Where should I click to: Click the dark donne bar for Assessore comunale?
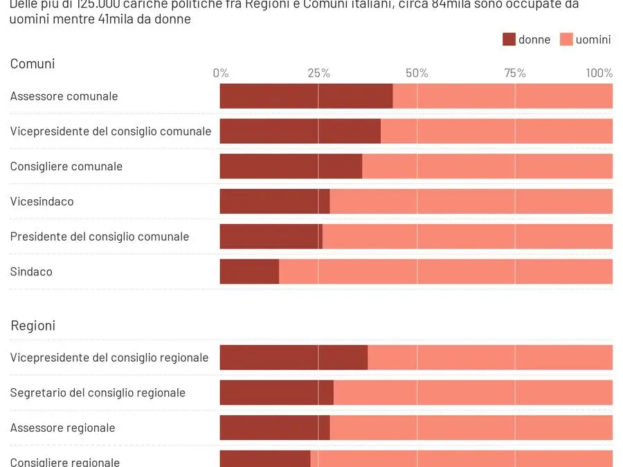pyautogui.click(x=306, y=96)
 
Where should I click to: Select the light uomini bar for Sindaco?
pyautogui.click(x=446, y=271)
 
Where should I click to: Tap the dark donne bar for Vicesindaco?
pyautogui.click(x=275, y=201)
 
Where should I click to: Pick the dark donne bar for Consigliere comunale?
pyautogui.click(x=291, y=166)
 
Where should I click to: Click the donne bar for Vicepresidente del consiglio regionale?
pyautogui.click(x=294, y=358)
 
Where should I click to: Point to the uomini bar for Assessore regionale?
pyautogui.click(x=471, y=428)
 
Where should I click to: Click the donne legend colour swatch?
pyautogui.click(x=509, y=39)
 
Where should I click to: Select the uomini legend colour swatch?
pyautogui.click(x=566, y=39)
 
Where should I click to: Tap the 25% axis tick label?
pyautogui.click(x=318, y=73)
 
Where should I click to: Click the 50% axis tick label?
pyautogui.click(x=417, y=73)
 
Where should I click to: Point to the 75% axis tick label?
pyautogui.click(x=515, y=73)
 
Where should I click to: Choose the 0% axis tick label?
pyautogui.click(x=221, y=73)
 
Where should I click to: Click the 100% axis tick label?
pyautogui.click(x=599, y=73)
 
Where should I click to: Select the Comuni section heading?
pyautogui.click(x=33, y=64)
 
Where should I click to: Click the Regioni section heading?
pyautogui.click(x=33, y=325)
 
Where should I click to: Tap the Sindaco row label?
pyautogui.click(x=31, y=271)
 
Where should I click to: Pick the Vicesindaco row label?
pyautogui.click(x=42, y=201)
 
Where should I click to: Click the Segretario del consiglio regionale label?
pyautogui.click(x=98, y=392)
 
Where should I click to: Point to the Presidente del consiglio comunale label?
pyautogui.click(x=100, y=237)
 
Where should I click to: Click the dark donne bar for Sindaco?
pyautogui.click(x=249, y=271)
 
